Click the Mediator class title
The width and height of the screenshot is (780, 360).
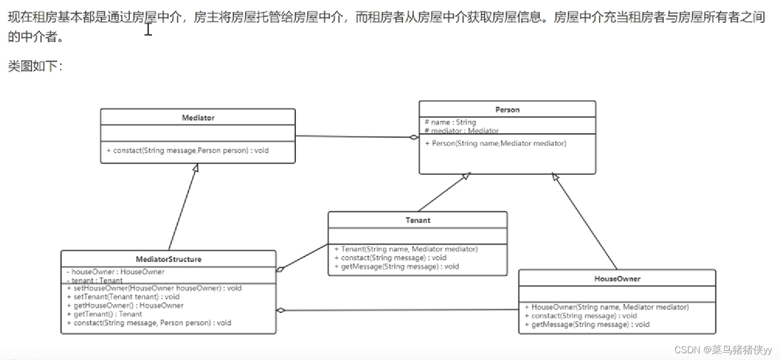point(198,118)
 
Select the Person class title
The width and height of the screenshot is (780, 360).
point(507,110)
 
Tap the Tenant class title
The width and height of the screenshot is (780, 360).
point(417,220)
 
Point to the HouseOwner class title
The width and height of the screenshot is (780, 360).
point(617,279)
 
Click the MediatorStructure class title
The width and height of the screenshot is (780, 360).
point(169,259)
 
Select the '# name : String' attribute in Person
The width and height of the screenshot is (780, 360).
point(450,123)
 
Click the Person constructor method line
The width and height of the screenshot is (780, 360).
point(499,143)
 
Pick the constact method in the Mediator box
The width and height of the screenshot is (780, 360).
point(187,151)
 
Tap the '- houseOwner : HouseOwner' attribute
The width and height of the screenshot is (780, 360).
point(115,272)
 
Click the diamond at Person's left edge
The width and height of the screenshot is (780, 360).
point(413,138)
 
